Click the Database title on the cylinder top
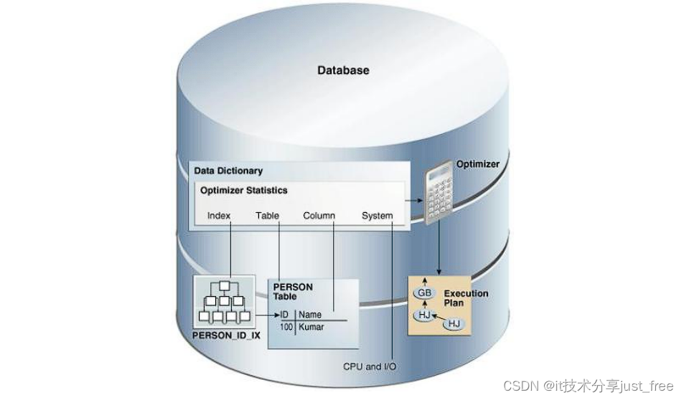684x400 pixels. pos(343,70)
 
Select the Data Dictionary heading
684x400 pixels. pos(228,171)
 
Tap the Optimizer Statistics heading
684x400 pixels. pos(243,190)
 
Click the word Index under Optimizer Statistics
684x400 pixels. pos(219,215)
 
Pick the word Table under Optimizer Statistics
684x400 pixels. pos(267,215)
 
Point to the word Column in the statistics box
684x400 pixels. pos(319,215)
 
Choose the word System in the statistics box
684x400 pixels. pos(377,215)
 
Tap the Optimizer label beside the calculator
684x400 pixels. pos(477,164)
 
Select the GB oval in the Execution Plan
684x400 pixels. pos(423,293)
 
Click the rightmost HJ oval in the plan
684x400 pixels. pos(454,324)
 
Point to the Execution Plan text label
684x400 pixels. pos(465,298)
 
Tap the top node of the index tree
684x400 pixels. pos(225,285)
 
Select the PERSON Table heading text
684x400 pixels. pos(293,291)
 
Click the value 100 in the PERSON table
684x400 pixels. pos(287,327)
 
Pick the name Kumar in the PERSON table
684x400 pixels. pos(311,327)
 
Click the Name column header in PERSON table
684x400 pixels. pos(310,315)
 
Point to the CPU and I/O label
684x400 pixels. pos(369,366)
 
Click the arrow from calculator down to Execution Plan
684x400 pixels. pos(439,251)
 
